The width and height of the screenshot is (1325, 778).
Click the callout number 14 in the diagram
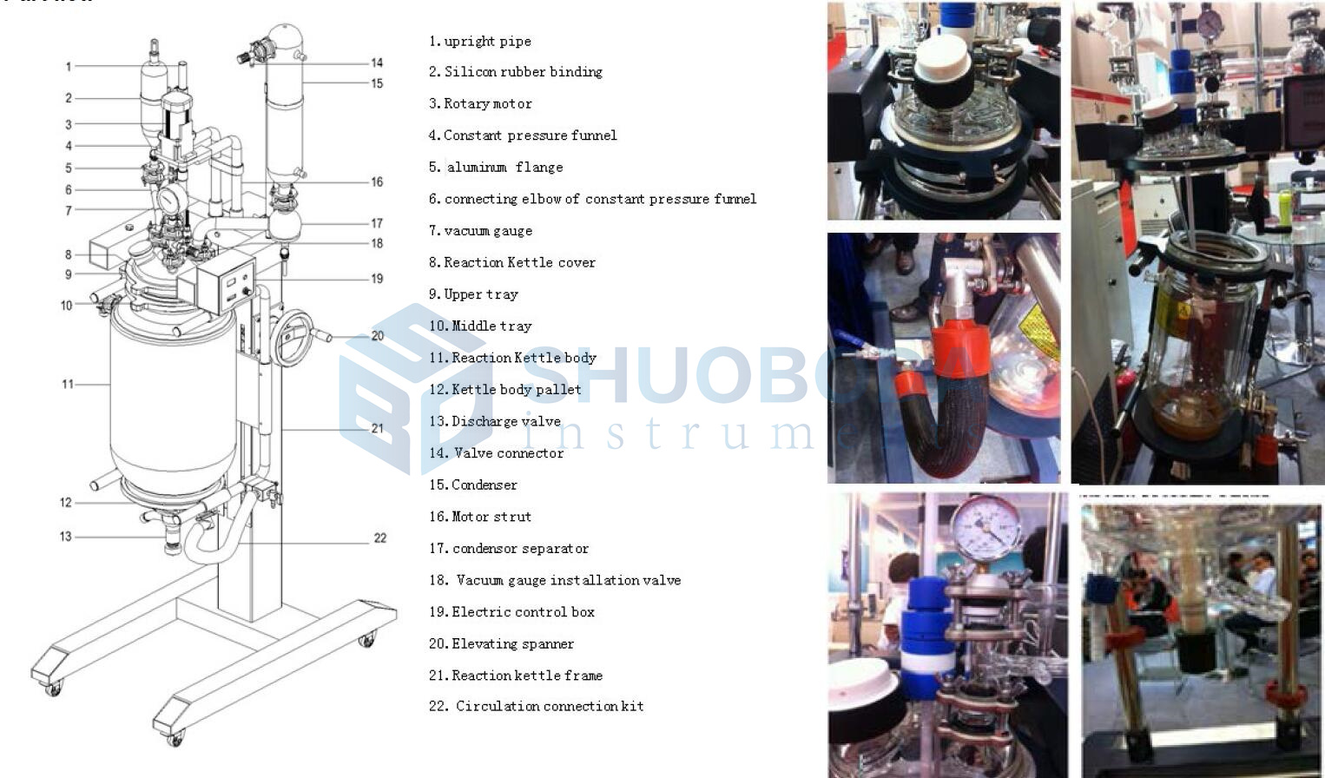click(376, 63)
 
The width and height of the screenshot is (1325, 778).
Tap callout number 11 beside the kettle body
click(68, 384)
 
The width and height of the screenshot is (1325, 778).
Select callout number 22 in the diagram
click(379, 538)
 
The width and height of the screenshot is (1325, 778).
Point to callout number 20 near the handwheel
click(377, 336)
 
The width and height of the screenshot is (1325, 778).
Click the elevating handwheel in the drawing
click(293, 338)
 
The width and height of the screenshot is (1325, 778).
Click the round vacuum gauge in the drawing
click(172, 200)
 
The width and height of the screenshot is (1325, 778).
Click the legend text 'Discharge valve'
click(495, 421)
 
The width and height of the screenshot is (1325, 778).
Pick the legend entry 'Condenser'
click(473, 485)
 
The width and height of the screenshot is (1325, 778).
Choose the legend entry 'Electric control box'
click(511, 612)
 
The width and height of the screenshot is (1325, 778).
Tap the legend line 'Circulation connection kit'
click(536, 706)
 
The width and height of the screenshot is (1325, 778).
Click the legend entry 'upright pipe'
click(479, 41)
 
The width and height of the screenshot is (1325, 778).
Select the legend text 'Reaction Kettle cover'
click(511, 262)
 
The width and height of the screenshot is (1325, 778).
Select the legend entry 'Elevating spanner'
click(501, 643)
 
